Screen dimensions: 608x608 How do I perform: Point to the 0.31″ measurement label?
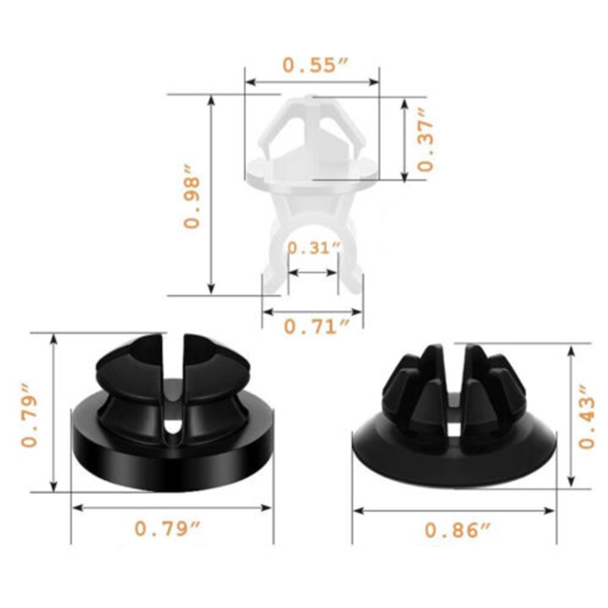[314, 248]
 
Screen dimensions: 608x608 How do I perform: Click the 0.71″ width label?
[317, 326]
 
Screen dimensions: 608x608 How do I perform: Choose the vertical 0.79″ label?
[30, 415]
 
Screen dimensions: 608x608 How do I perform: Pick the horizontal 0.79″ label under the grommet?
[167, 529]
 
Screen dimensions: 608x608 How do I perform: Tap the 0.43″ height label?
[586, 416]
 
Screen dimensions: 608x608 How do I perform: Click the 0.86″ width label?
[458, 530]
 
